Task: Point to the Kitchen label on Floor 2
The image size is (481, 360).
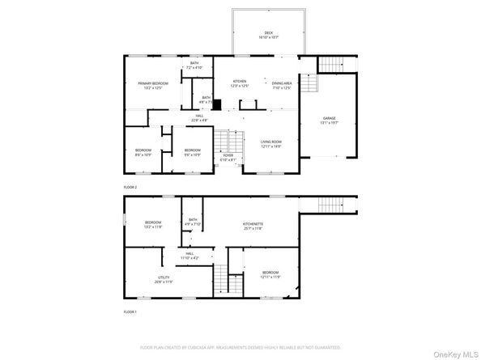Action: pyautogui.click(x=240, y=83)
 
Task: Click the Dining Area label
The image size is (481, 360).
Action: pyautogui.click(x=281, y=85)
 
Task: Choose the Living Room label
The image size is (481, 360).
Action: pyautogui.click(x=270, y=144)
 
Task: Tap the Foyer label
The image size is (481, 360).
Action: pyautogui.click(x=228, y=158)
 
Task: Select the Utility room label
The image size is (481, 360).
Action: pyautogui.click(x=164, y=280)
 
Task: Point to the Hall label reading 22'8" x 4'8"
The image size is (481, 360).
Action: pyautogui.click(x=198, y=118)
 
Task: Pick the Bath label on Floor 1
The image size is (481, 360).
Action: pyautogui.click(x=193, y=222)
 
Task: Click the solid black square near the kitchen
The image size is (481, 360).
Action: pyautogui.click(x=216, y=103)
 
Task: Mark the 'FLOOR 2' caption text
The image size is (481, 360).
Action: pyautogui.click(x=130, y=187)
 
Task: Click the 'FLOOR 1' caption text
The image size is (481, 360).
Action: pyautogui.click(x=130, y=311)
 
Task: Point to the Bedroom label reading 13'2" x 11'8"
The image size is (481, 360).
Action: pyautogui.click(x=153, y=225)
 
